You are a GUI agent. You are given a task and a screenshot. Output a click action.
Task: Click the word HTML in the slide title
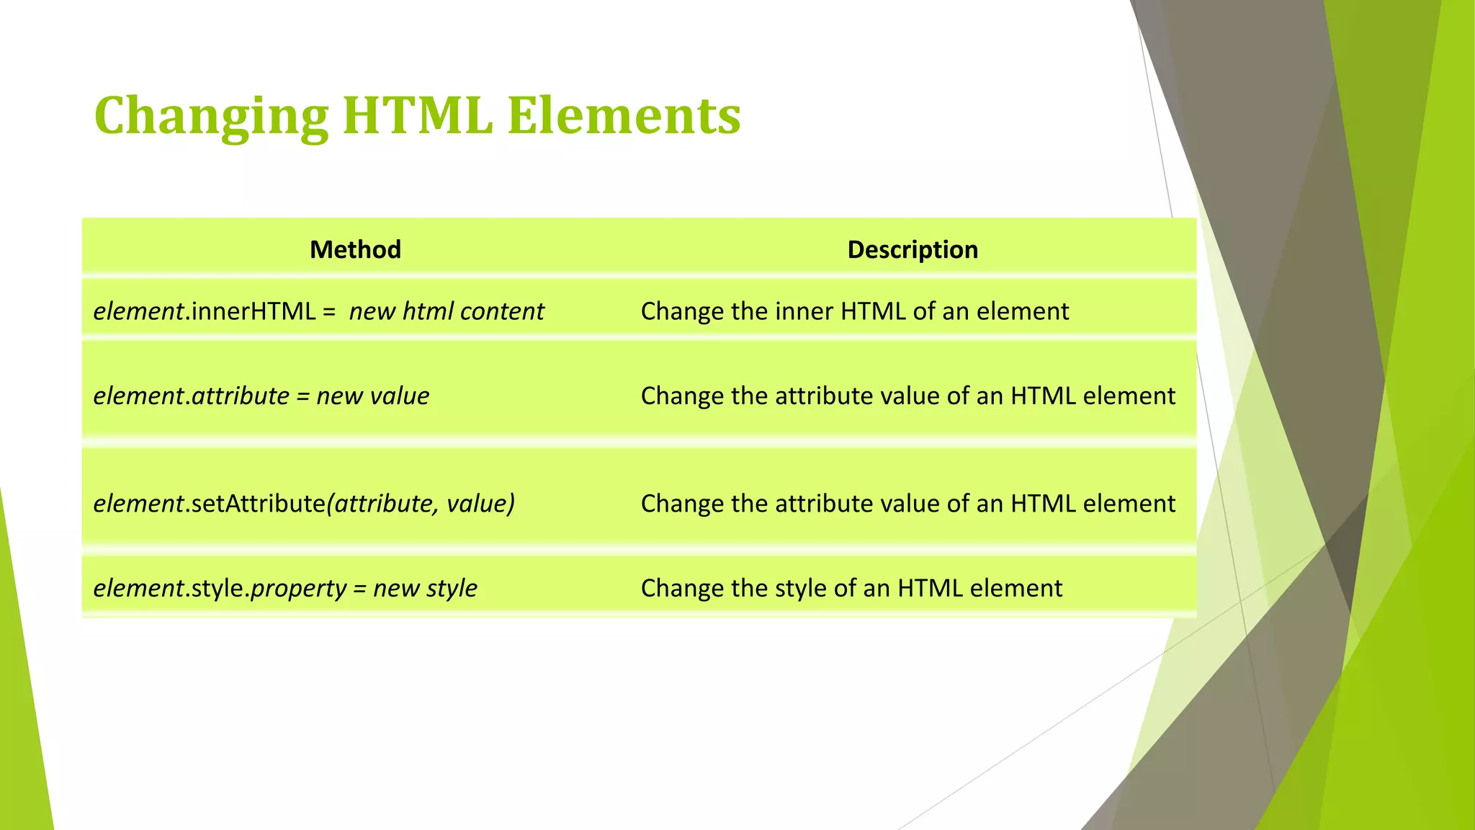pos(418,115)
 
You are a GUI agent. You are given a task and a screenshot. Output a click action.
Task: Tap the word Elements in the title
pos(624,115)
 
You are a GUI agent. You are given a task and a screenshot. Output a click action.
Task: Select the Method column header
pos(355,249)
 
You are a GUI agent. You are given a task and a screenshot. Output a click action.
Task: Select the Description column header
pos(912,249)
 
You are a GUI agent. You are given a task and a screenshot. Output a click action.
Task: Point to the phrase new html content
pos(447,311)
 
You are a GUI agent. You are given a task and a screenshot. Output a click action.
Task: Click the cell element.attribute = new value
pos(261,396)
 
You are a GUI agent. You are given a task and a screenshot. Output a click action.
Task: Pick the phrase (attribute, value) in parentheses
pos(421,503)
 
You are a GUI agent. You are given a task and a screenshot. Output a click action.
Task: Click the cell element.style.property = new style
pos(285,588)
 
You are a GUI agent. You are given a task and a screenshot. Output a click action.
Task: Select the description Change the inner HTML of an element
pos(854,311)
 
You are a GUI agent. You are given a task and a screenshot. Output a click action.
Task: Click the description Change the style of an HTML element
pos(851,588)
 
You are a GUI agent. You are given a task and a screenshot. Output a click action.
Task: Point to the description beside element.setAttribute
pos(907,503)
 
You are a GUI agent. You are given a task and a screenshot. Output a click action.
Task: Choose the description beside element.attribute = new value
pos(907,396)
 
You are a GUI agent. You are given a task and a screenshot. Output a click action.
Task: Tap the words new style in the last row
pos(425,588)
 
